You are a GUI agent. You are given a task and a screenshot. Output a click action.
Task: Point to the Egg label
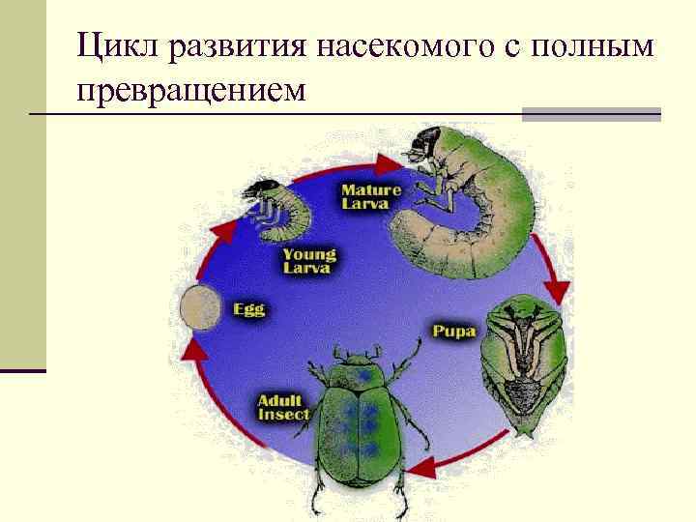coord(249,310)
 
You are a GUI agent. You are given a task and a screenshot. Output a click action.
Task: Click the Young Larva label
coord(309,261)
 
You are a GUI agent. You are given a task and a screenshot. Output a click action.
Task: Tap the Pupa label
coord(454,332)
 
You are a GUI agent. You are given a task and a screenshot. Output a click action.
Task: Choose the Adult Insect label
coord(283,407)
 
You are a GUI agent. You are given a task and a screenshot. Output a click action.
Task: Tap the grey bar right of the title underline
coord(591,114)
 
